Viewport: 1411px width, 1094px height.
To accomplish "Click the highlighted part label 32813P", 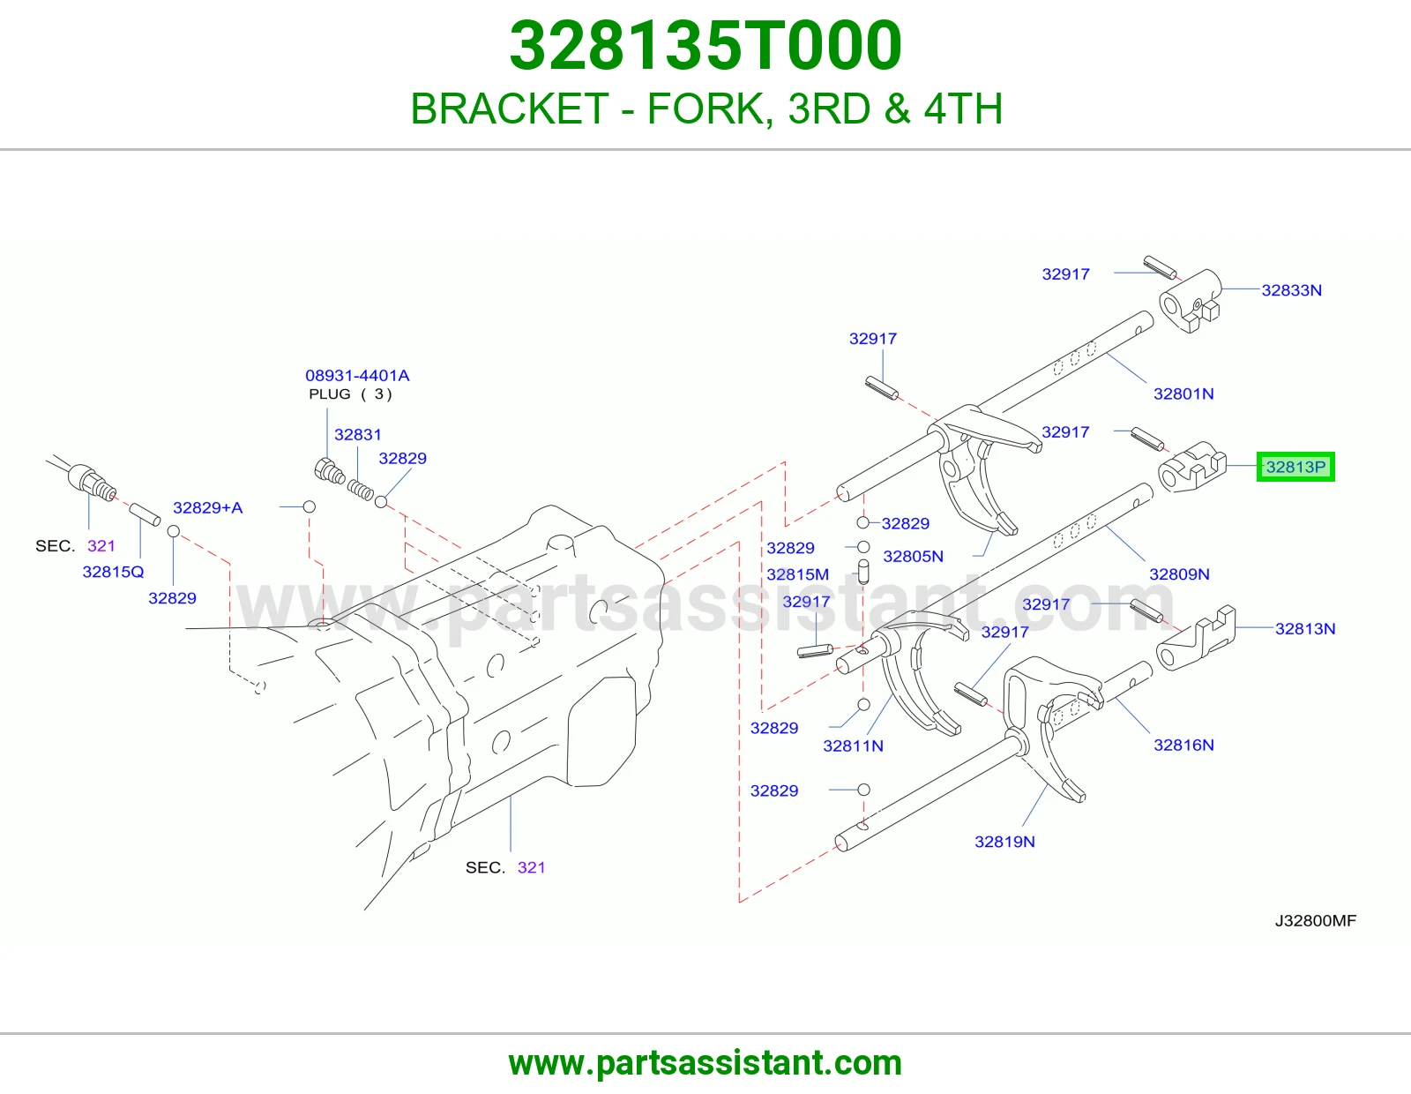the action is pyautogui.click(x=1295, y=467).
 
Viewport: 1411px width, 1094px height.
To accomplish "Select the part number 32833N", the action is pyautogui.click(x=1291, y=290).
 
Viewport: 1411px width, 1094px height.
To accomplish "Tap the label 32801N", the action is pyautogui.click(x=1183, y=393).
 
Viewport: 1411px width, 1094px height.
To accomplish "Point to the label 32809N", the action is pyautogui.click(x=1179, y=574).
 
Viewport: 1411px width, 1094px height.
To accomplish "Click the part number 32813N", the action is pyautogui.click(x=1305, y=629).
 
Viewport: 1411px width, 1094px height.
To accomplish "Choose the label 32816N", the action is pyautogui.click(x=1183, y=746).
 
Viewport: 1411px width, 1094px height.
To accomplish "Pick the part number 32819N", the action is pyautogui.click(x=1004, y=842).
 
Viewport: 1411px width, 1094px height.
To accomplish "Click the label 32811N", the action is pyautogui.click(x=854, y=746).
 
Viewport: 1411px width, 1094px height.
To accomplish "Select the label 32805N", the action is pyautogui.click(x=913, y=556).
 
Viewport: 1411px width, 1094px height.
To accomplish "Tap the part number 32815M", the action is pyautogui.click(x=797, y=574).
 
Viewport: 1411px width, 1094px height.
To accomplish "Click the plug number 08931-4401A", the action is pyautogui.click(x=357, y=376).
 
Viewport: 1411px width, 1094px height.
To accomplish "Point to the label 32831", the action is pyautogui.click(x=358, y=435).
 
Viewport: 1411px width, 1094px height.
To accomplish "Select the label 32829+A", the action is pyautogui.click(x=208, y=507).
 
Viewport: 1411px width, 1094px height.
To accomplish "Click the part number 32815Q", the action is pyautogui.click(x=113, y=572).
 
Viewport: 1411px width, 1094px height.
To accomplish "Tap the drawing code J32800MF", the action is pyautogui.click(x=1316, y=920).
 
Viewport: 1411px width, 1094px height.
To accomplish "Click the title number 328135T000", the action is pyautogui.click(x=705, y=46).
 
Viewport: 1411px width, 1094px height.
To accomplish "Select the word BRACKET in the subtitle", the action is pyautogui.click(x=510, y=109).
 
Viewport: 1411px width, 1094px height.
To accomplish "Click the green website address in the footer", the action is pyautogui.click(x=705, y=1063).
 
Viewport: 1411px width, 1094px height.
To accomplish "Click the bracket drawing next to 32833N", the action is pyautogui.click(x=1190, y=302).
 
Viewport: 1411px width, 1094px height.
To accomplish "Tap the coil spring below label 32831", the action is pyautogui.click(x=361, y=490).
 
